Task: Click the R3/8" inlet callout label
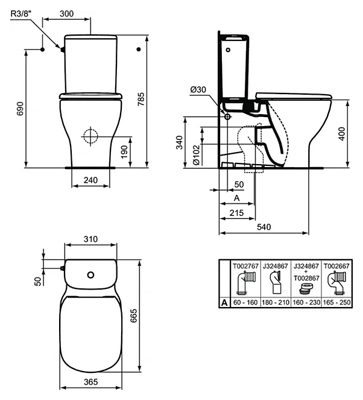pyautogui.click(x=21, y=13)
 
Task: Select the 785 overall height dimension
pyautogui.click(x=140, y=99)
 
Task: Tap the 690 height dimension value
pyautogui.click(x=20, y=109)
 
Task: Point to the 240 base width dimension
pyautogui.click(x=90, y=180)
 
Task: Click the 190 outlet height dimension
pyautogui.click(x=124, y=152)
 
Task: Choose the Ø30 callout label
pyautogui.click(x=198, y=89)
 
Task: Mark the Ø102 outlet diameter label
pyautogui.click(x=196, y=155)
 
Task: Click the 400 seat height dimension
pyautogui.click(x=341, y=134)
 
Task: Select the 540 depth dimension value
pyautogui.click(x=264, y=227)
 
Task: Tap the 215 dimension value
pyautogui.click(x=236, y=213)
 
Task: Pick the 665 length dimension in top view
pyautogui.click(x=134, y=316)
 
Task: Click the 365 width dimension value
pyautogui.click(x=90, y=382)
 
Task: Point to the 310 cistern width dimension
pyautogui.click(x=90, y=239)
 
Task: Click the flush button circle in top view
pyautogui.click(x=90, y=275)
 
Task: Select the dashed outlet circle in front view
pyautogui.click(x=90, y=136)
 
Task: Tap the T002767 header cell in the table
pyautogui.click(x=245, y=266)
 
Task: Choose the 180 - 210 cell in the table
pyautogui.click(x=276, y=302)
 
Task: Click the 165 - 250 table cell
pyautogui.click(x=336, y=302)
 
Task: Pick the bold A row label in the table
pyautogui.click(x=224, y=303)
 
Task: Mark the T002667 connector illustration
pyautogui.click(x=337, y=282)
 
